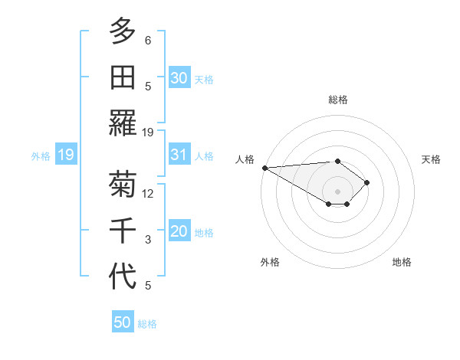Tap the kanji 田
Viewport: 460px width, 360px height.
pos(123,77)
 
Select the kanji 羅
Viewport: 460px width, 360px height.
pos(123,123)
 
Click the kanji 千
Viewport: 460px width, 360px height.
pos(123,231)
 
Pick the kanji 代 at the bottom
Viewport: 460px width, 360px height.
pos(123,277)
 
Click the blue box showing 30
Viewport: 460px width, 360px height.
pos(179,77)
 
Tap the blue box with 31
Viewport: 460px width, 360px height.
pos(179,155)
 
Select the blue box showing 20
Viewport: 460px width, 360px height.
pos(179,232)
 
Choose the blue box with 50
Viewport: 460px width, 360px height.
pos(123,322)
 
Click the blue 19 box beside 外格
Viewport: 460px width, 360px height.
pos(65,155)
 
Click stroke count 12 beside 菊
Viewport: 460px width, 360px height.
pos(148,194)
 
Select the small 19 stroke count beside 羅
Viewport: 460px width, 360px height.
pos(148,132)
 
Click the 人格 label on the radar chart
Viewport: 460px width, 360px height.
pos(245,159)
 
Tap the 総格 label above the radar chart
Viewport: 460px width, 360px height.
pos(337,100)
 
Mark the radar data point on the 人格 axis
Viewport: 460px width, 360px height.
pos(264,167)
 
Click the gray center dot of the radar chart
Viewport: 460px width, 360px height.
pos(337,191)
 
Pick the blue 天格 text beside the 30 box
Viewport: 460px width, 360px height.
pos(204,79)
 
